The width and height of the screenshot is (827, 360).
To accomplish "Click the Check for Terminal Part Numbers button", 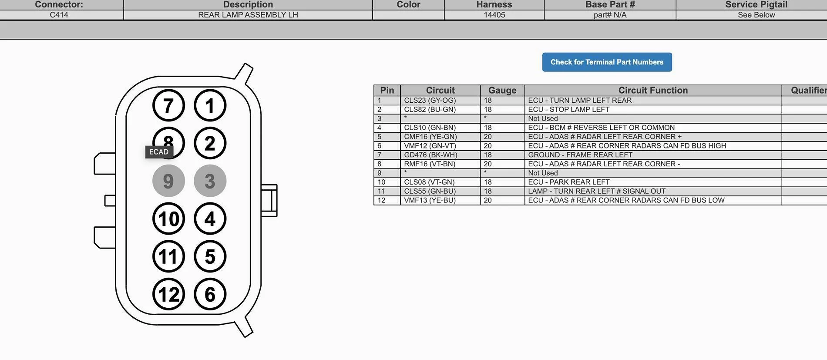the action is [x=607, y=62].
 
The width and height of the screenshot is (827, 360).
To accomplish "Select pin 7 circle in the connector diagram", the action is [x=168, y=105].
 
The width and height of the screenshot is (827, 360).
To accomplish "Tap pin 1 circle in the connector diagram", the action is [x=210, y=105].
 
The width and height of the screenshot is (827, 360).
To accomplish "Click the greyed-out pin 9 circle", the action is [x=168, y=181].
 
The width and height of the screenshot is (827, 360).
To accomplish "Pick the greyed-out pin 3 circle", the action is [x=210, y=181].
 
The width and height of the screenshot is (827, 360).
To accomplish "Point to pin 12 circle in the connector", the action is [x=168, y=294].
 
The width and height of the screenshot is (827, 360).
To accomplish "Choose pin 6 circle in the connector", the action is [x=210, y=294].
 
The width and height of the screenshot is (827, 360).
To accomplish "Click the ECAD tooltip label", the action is [x=159, y=152].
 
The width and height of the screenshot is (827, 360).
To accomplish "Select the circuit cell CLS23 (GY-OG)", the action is [x=430, y=101].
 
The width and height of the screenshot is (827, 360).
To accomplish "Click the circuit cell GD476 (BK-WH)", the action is [x=430, y=155].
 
